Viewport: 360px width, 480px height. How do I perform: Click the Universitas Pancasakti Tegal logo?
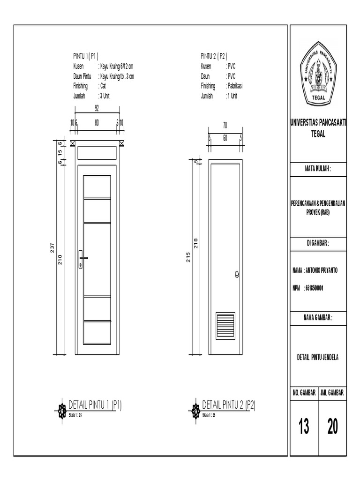[x=318, y=73]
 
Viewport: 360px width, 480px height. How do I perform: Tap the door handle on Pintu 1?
[x=82, y=258]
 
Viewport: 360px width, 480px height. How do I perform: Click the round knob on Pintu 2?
[x=236, y=275]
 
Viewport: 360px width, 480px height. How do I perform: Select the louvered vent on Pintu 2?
[x=225, y=325]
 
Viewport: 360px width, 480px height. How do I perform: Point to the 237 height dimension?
[x=53, y=247]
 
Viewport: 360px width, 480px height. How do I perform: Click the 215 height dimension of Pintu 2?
[x=187, y=257]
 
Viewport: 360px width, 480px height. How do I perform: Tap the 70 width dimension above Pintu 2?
[x=225, y=125]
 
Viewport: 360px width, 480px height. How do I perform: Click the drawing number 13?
[x=304, y=427]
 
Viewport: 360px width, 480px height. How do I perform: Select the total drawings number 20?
[x=332, y=427]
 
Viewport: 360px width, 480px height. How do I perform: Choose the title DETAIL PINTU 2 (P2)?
[x=228, y=404]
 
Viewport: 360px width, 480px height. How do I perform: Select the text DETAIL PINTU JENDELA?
[x=318, y=357]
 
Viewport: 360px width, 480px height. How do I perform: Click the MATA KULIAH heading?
[x=318, y=169]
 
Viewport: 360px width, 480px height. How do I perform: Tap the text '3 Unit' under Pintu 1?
[x=105, y=96]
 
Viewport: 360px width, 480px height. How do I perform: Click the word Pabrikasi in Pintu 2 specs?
[x=235, y=86]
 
